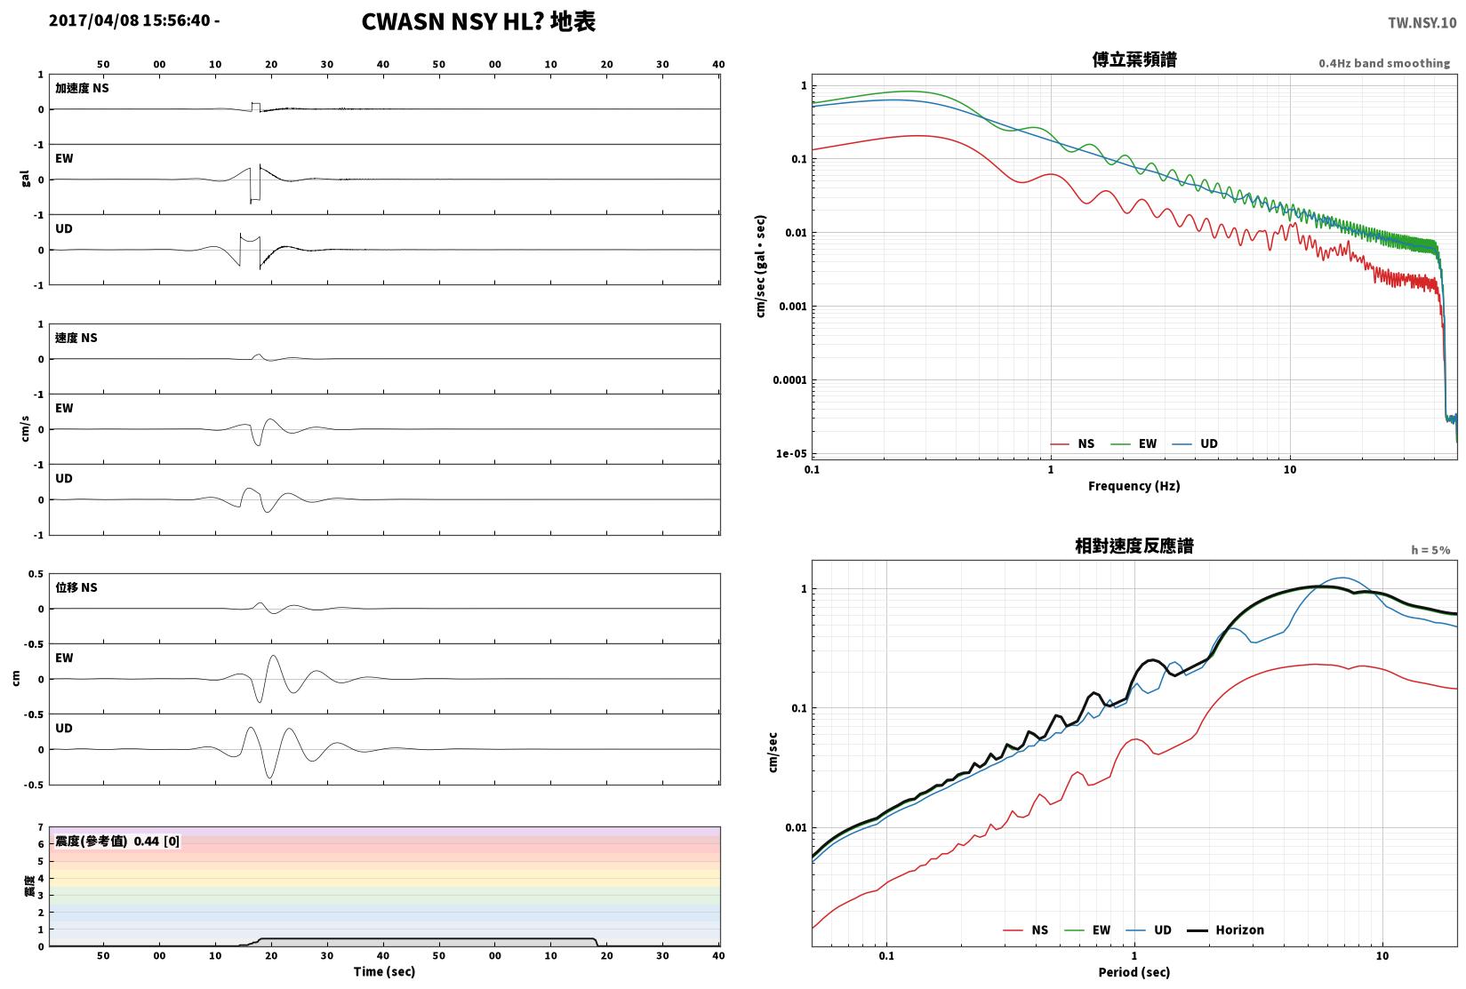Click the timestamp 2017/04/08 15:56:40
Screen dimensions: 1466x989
coord(130,20)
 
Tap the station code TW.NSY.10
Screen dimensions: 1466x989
coord(1422,23)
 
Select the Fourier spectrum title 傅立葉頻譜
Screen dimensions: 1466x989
coord(1134,60)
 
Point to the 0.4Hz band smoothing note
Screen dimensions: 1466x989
coord(1384,63)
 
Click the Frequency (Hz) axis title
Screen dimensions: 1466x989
coord(1134,486)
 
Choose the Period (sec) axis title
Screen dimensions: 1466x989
coord(1134,972)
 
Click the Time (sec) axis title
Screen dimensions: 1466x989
coord(384,971)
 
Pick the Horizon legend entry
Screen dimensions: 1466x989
coord(1226,930)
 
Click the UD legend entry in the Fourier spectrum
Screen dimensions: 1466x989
coord(1194,443)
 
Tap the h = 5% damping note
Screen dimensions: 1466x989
coord(1430,550)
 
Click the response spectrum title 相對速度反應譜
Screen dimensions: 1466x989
coord(1134,546)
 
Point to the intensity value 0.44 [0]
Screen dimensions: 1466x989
coord(156,841)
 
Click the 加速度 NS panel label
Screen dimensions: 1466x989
coord(82,88)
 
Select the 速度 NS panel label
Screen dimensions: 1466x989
coord(76,339)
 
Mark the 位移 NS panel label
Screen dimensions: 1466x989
coord(76,588)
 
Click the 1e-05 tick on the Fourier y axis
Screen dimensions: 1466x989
coord(791,454)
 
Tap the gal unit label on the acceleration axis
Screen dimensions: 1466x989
coord(26,179)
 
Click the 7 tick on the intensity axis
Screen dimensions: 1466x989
coord(41,827)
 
